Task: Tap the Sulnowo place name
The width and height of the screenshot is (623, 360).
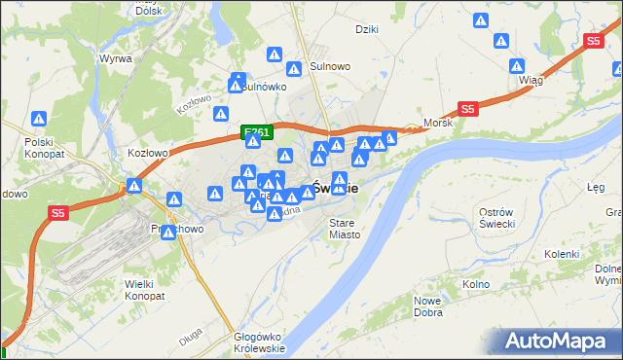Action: point(330,66)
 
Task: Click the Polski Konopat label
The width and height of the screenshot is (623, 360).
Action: point(44,147)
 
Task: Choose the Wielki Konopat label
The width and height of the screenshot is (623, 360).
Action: point(147,291)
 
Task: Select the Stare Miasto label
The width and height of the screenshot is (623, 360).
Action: point(345,228)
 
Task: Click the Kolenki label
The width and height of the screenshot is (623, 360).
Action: point(562,253)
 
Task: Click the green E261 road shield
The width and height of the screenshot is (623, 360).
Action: point(257,131)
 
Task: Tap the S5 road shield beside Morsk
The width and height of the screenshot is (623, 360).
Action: point(468,110)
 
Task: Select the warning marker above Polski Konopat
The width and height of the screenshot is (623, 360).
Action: point(39,119)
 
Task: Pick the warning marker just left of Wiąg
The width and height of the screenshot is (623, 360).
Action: point(516,67)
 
